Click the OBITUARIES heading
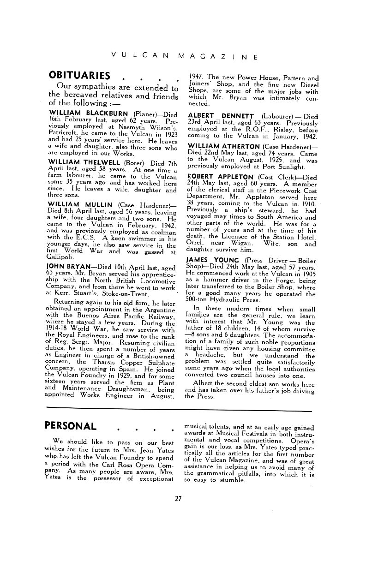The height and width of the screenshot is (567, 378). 79,75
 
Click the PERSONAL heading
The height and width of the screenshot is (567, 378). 71,425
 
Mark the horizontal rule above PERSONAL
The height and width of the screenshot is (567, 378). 179,409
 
